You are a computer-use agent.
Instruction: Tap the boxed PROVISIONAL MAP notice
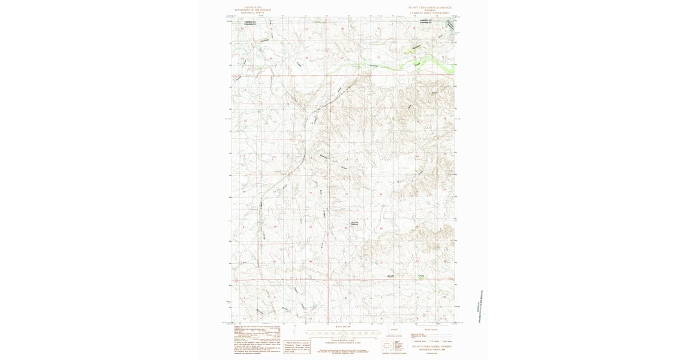click(297, 345)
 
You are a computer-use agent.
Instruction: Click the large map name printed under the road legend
click(432, 346)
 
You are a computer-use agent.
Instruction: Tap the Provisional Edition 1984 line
click(432, 349)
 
